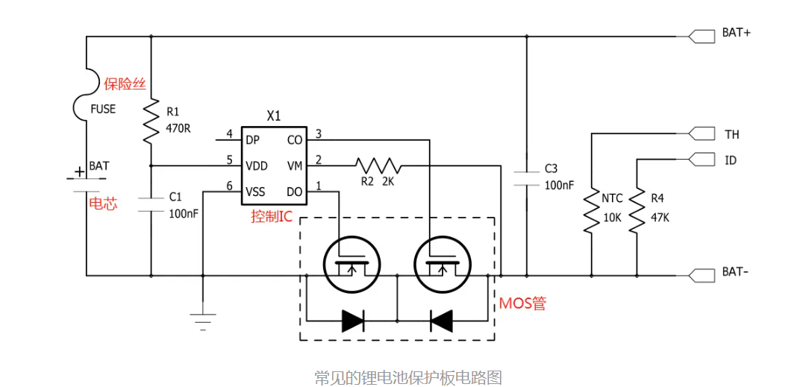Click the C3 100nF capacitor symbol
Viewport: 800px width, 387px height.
coord(527,177)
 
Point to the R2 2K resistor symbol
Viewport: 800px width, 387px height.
coord(378,165)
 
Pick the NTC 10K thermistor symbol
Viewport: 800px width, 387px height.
coord(591,212)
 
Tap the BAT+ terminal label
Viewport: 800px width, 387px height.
coord(736,34)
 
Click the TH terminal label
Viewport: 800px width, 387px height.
coord(731,135)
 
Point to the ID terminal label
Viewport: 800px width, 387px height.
coord(731,160)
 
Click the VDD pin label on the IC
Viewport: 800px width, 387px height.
coord(257,165)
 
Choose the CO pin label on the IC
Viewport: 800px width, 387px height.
coord(294,139)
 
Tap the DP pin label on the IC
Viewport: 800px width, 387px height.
coord(252,139)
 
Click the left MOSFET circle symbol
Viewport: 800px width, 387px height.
coord(351,263)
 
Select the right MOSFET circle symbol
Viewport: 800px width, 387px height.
coord(442,263)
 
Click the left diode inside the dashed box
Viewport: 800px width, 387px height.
coord(352,321)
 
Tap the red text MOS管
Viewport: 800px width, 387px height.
coord(522,303)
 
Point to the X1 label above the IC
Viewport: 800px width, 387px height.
coord(274,116)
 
